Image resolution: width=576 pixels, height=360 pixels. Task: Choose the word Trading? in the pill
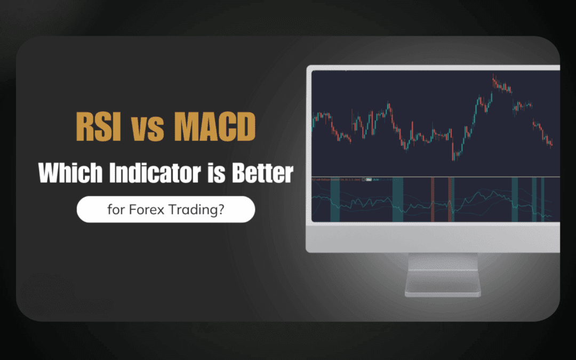coord(198,210)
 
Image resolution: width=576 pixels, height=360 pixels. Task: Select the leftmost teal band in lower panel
coord(335,200)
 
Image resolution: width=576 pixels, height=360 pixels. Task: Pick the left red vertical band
coord(433,200)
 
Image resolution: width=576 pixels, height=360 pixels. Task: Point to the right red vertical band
coord(451,200)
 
